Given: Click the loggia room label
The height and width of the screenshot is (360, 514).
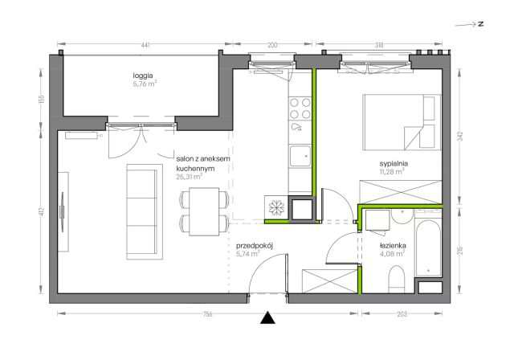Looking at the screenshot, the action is [x=143, y=76].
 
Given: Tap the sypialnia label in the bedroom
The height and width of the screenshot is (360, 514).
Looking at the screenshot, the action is [x=394, y=163].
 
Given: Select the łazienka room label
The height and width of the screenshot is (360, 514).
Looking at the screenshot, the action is [x=393, y=246].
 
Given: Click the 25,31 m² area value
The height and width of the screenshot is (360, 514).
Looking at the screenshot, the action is [x=189, y=177].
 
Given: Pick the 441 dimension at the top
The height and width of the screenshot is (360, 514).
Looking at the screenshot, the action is [x=145, y=45].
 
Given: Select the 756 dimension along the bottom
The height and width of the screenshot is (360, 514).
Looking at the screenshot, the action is [x=207, y=314].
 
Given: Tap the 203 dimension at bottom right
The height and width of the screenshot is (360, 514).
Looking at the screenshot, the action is [x=402, y=314].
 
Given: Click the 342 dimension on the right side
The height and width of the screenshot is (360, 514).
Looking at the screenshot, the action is [x=460, y=137].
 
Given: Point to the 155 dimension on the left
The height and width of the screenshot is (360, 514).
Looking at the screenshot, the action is [x=41, y=99].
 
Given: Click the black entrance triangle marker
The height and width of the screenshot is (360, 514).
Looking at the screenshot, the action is [x=267, y=317].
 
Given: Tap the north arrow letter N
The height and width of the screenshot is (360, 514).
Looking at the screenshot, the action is [x=481, y=24].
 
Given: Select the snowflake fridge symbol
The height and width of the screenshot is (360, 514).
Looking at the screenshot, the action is [x=276, y=208].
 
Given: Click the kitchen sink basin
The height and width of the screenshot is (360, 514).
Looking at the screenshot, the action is [x=300, y=156].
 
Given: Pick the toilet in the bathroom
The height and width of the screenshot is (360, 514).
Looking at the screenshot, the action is [x=396, y=280].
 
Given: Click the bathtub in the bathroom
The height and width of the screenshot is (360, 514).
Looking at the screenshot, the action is [x=428, y=248].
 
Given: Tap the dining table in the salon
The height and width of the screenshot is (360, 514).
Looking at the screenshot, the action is [x=204, y=212].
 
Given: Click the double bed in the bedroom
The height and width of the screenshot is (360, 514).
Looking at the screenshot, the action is [x=402, y=122].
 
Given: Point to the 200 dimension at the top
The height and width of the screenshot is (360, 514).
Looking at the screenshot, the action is [x=272, y=45].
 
